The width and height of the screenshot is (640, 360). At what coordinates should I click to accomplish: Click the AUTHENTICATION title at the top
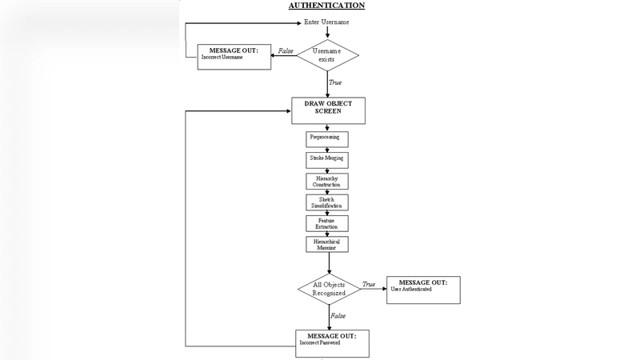pos(326,6)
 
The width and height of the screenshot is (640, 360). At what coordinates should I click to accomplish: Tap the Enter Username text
pos(329,22)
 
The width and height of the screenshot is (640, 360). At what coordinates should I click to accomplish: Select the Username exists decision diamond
pos(328,55)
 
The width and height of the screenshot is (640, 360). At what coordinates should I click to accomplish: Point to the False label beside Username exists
pos(285,51)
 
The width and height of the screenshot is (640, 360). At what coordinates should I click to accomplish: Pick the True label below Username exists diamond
pos(334,82)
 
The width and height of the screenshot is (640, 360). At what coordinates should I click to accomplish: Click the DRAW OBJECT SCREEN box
pos(328,110)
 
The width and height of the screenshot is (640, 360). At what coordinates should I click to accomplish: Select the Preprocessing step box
pos(328,139)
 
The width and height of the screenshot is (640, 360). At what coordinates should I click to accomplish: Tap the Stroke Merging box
pos(328,160)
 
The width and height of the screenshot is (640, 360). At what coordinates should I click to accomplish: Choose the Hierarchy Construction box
pos(326,181)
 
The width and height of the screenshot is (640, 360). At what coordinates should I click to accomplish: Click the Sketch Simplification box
pos(326,202)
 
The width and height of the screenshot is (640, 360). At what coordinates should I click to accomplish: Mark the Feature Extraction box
pos(326,222)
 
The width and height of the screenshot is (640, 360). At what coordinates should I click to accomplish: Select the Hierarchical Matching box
pos(326,244)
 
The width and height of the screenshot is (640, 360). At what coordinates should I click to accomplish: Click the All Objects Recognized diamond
pos(329,288)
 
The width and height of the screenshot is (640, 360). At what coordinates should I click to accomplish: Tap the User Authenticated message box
pos(423,290)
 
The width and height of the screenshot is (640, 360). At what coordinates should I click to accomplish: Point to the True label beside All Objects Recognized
pos(368,284)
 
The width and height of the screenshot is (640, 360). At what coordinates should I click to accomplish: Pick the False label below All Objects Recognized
pos(338,316)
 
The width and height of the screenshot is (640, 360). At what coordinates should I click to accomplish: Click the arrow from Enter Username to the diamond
pos(328,33)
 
